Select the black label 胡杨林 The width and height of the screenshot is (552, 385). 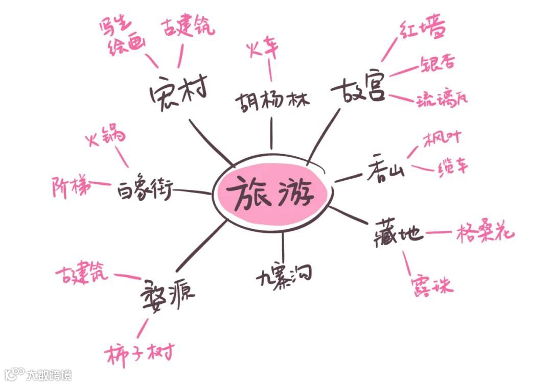(x=272, y=100)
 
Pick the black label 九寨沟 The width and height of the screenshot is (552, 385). (x=284, y=277)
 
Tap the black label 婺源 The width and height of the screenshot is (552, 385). (x=167, y=292)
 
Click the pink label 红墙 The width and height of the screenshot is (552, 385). (x=422, y=30)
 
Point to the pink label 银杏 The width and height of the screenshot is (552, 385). (x=438, y=64)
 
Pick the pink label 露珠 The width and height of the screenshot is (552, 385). (x=432, y=284)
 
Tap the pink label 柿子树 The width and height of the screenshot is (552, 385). (x=141, y=352)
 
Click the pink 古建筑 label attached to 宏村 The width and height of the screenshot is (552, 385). (x=188, y=28)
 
